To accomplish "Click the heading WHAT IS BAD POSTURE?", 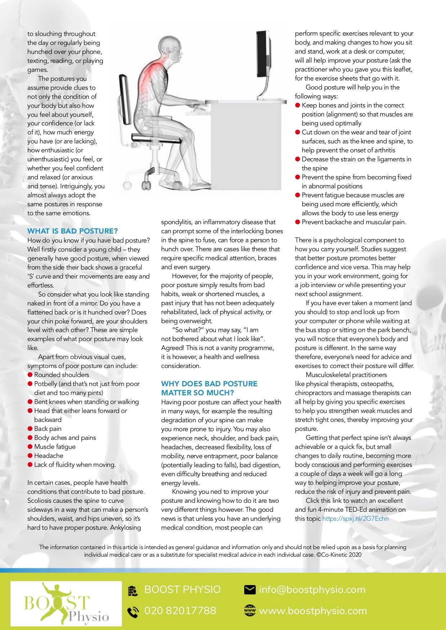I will point(72,231).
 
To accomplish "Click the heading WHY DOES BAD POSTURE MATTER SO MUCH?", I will point(209,388).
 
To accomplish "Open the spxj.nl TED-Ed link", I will point(355,519).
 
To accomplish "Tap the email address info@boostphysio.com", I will point(312,590).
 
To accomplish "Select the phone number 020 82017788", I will point(180,611).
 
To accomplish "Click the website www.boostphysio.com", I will point(313,611).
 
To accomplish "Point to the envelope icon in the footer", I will point(250,590).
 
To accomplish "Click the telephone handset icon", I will point(133,611).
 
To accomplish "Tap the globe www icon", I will point(250,611).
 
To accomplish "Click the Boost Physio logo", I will point(66,603).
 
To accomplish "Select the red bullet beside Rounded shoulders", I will point(30,375).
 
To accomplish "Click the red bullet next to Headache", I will point(30,456).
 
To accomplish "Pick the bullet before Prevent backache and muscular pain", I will point(298,222).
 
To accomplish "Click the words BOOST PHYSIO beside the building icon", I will point(182,590).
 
